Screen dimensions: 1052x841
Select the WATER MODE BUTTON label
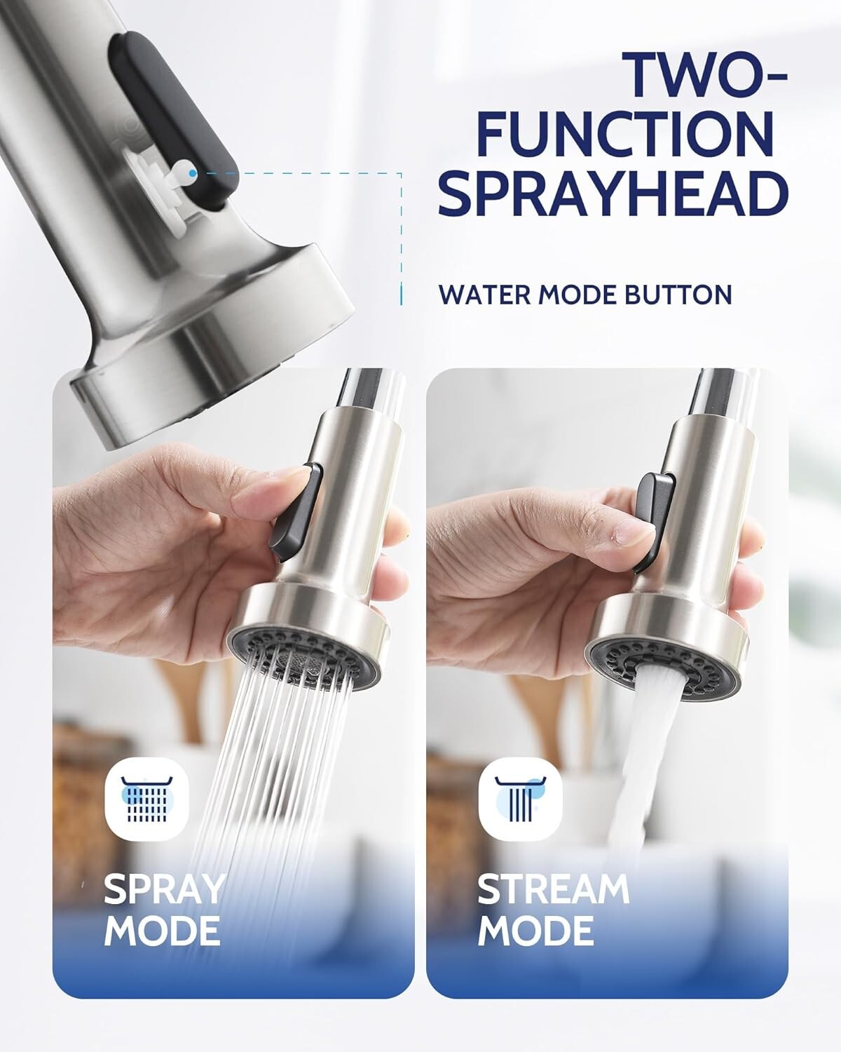tap(585, 295)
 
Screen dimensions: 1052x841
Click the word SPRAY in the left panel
tap(164, 889)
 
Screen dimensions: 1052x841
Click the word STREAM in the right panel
tap(553, 889)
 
